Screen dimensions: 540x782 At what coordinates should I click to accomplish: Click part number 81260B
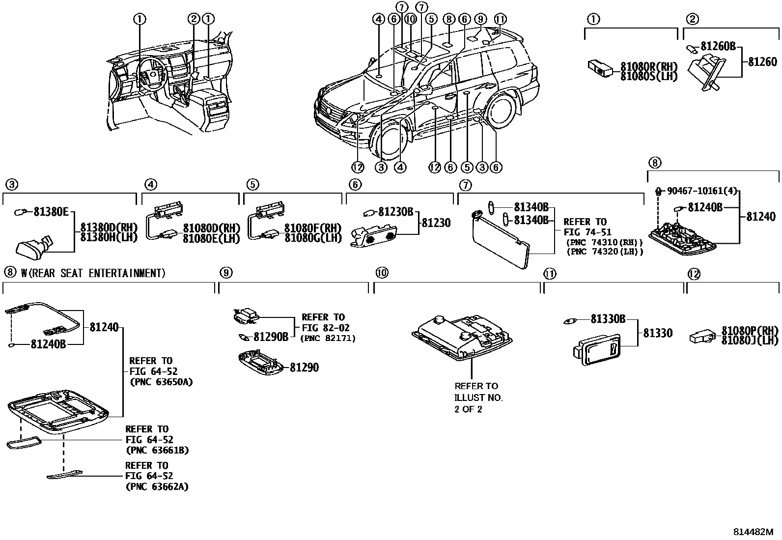pos(718,46)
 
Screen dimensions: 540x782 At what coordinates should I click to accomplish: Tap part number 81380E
pos(51,212)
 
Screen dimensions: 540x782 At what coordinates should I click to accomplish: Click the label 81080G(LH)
pos(312,238)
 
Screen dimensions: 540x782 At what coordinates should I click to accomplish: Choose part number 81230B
pos(395,212)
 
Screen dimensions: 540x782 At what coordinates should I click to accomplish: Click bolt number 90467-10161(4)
pos(701,191)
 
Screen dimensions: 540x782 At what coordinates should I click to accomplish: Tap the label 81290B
pos(271,337)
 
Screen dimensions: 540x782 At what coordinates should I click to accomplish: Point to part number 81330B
pos(608,319)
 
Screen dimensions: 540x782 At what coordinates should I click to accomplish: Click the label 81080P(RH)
pos(750,330)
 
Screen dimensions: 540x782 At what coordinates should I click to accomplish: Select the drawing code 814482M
pos(753,532)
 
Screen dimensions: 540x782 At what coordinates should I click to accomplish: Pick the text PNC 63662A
pos(157,486)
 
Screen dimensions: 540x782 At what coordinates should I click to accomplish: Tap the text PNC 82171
pos(328,338)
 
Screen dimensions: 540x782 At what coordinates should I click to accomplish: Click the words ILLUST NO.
pos(478,398)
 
